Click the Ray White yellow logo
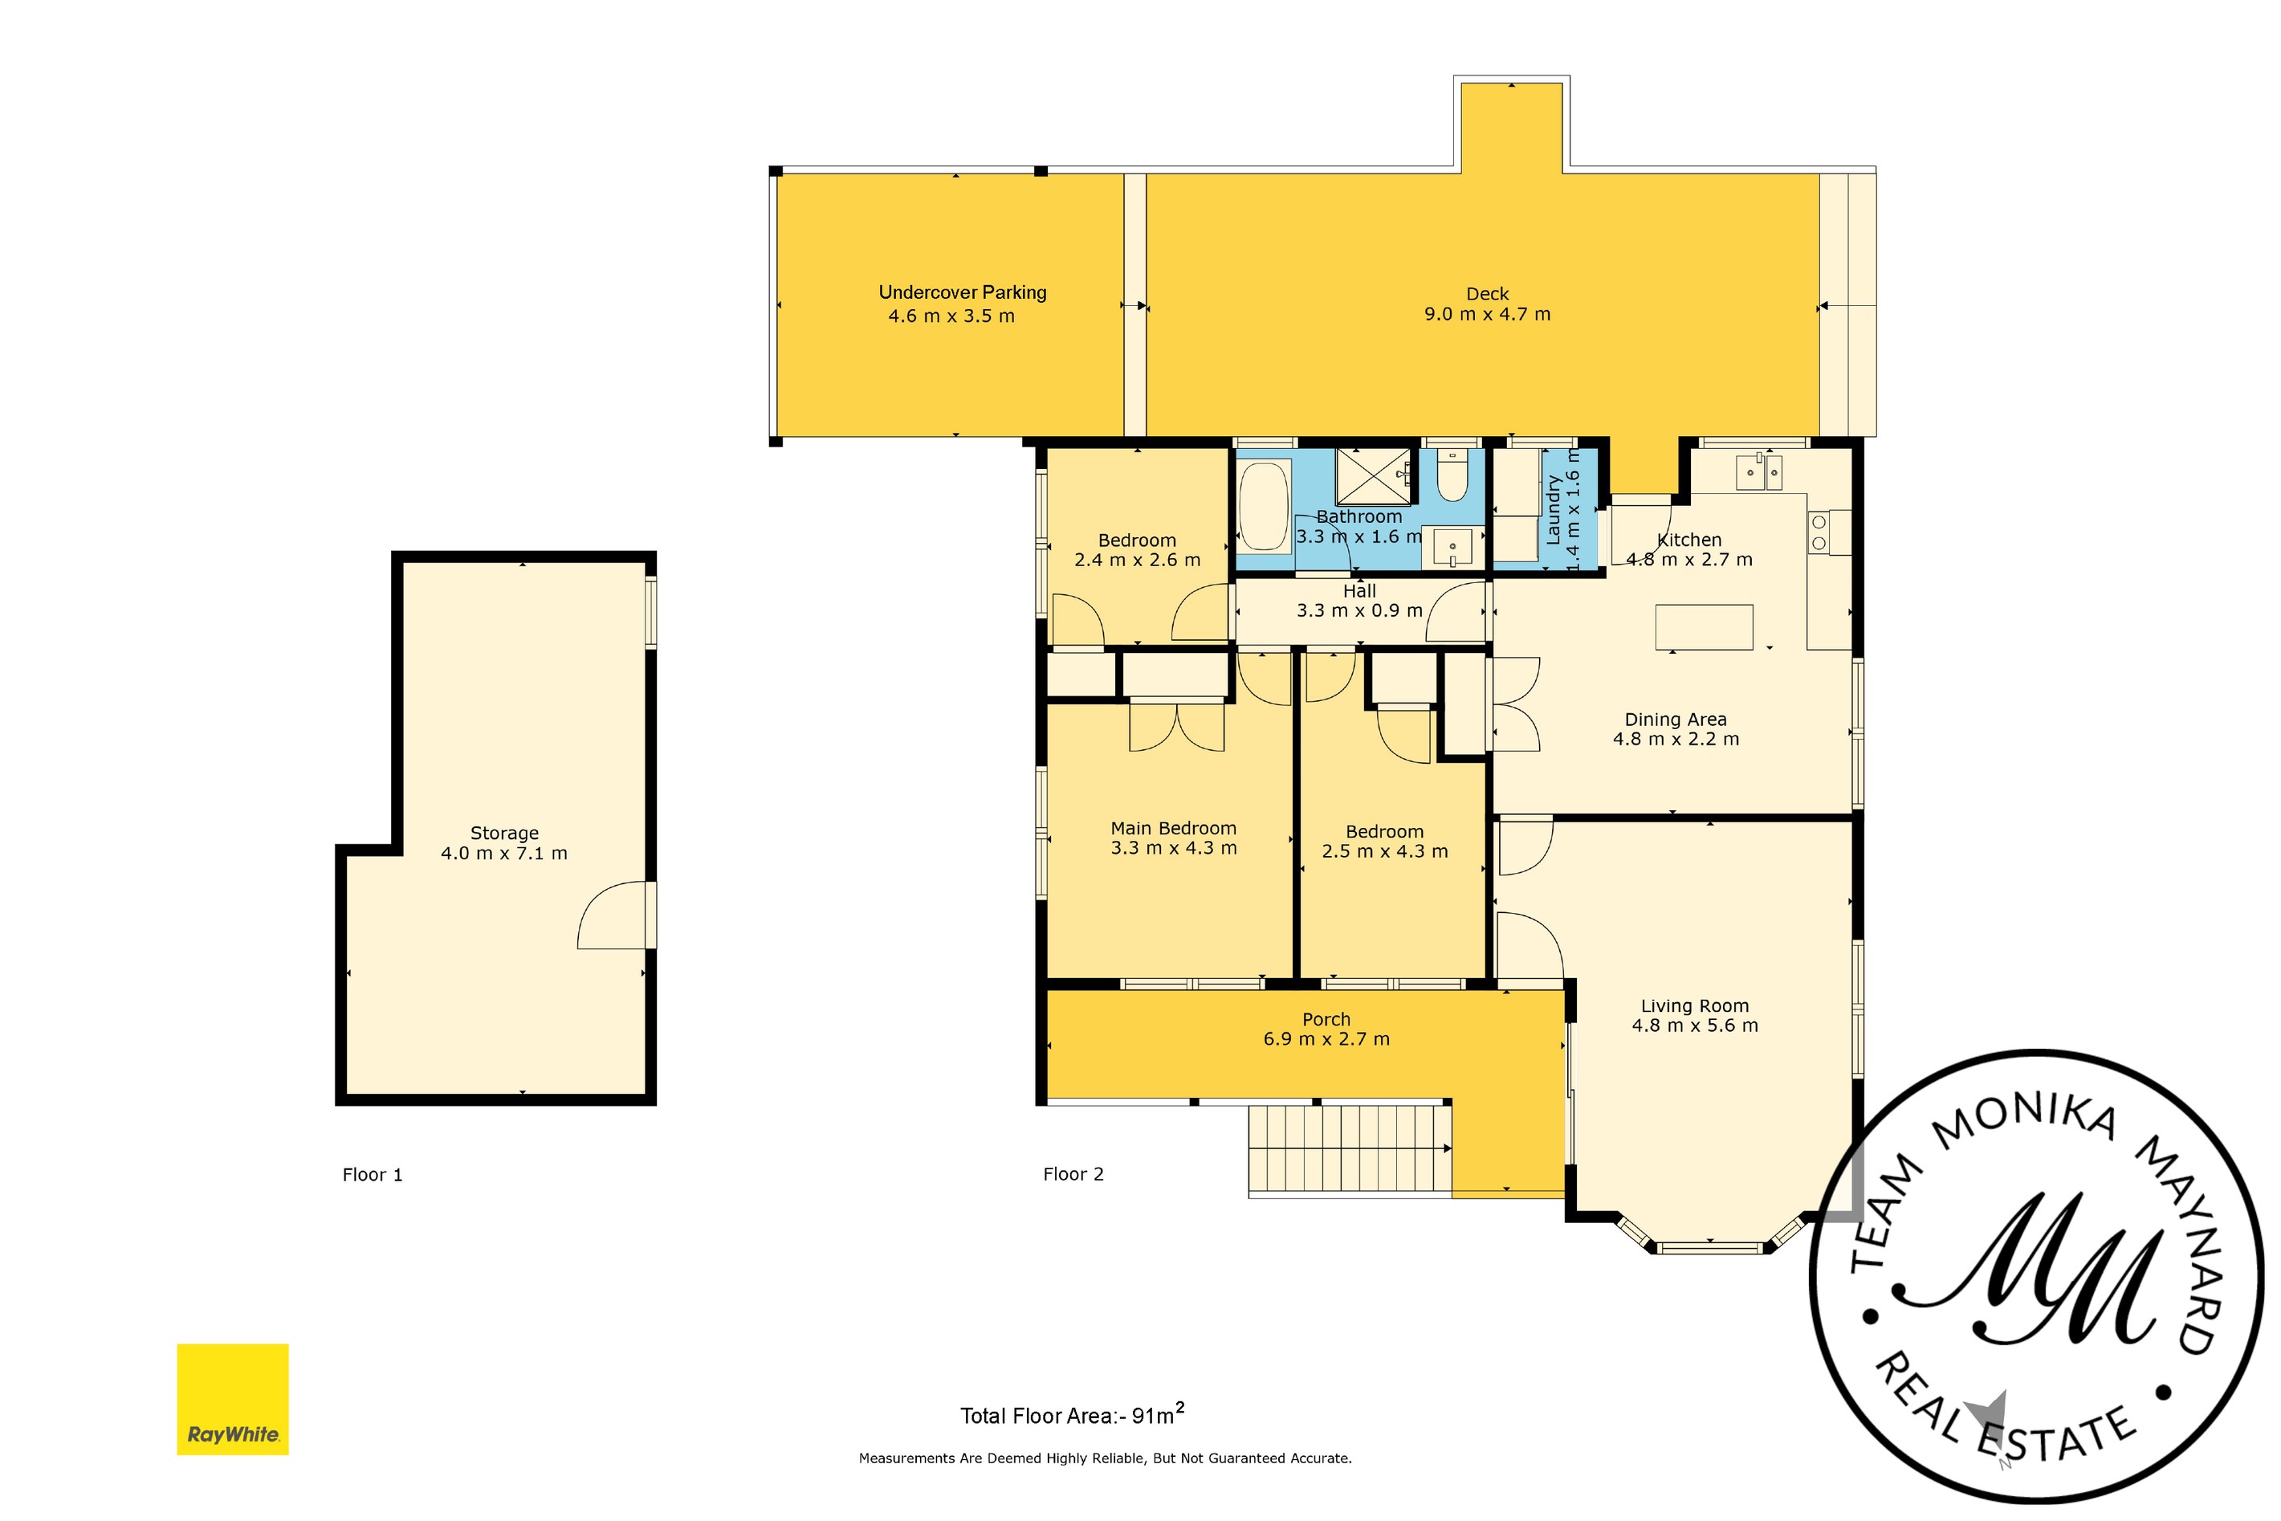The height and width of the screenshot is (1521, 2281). [233, 1399]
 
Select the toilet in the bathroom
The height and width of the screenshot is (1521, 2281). [1452, 476]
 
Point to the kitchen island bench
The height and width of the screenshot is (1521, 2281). [1704, 626]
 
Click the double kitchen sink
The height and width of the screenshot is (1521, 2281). [1758, 472]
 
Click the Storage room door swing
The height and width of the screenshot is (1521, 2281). [613, 915]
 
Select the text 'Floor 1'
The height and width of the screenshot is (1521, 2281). [373, 1175]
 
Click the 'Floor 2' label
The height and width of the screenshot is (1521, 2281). [1073, 1174]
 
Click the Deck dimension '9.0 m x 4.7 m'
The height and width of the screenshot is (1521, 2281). [1487, 314]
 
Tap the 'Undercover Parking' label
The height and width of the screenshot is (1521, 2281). [962, 292]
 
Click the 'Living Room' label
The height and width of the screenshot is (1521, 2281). [1694, 1006]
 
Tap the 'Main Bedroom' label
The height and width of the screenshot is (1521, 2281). [1174, 829]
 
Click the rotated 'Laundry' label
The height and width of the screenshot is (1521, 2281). [1553, 509]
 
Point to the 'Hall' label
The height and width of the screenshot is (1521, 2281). [1358, 591]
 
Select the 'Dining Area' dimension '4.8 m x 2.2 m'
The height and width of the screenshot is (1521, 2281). [1676, 739]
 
